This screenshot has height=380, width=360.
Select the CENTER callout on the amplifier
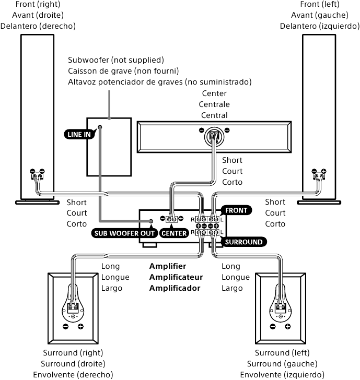click(x=174, y=233)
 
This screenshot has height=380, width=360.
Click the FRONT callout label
click(x=237, y=210)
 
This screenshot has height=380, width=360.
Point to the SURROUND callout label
click(x=243, y=242)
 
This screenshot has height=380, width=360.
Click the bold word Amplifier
click(x=167, y=266)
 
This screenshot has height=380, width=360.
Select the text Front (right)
click(x=38, y=4)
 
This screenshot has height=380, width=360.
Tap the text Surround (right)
click(x=73, y=353)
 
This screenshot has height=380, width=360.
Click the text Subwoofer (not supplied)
click(x=116, y=60)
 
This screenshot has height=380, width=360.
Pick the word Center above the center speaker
click(x=214, y=93)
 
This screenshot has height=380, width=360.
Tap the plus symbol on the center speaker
click(x=227, y=130)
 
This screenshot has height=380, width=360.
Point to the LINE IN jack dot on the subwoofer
click(x=99, y=127)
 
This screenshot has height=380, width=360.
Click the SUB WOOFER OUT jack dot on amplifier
click(x=151, y=221)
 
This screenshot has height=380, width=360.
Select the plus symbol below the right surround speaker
click(x=80, y=327)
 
